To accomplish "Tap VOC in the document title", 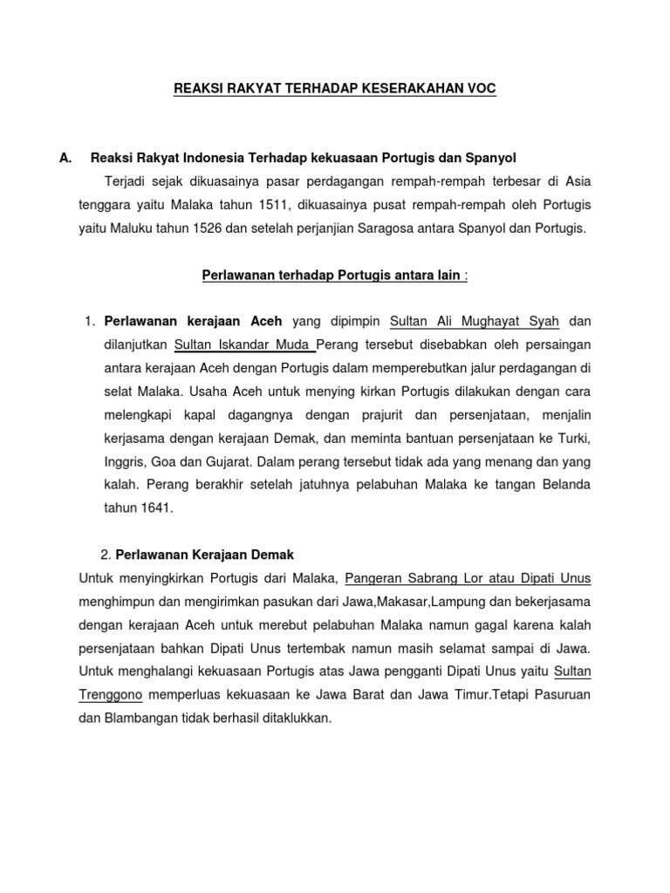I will click(x=482, y=89).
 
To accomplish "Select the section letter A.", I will click(x=64, y=158).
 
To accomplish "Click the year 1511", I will click(x=285, y=205).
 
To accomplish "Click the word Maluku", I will click(x=138, y=228).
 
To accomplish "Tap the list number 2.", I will click(x=106, y=554).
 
